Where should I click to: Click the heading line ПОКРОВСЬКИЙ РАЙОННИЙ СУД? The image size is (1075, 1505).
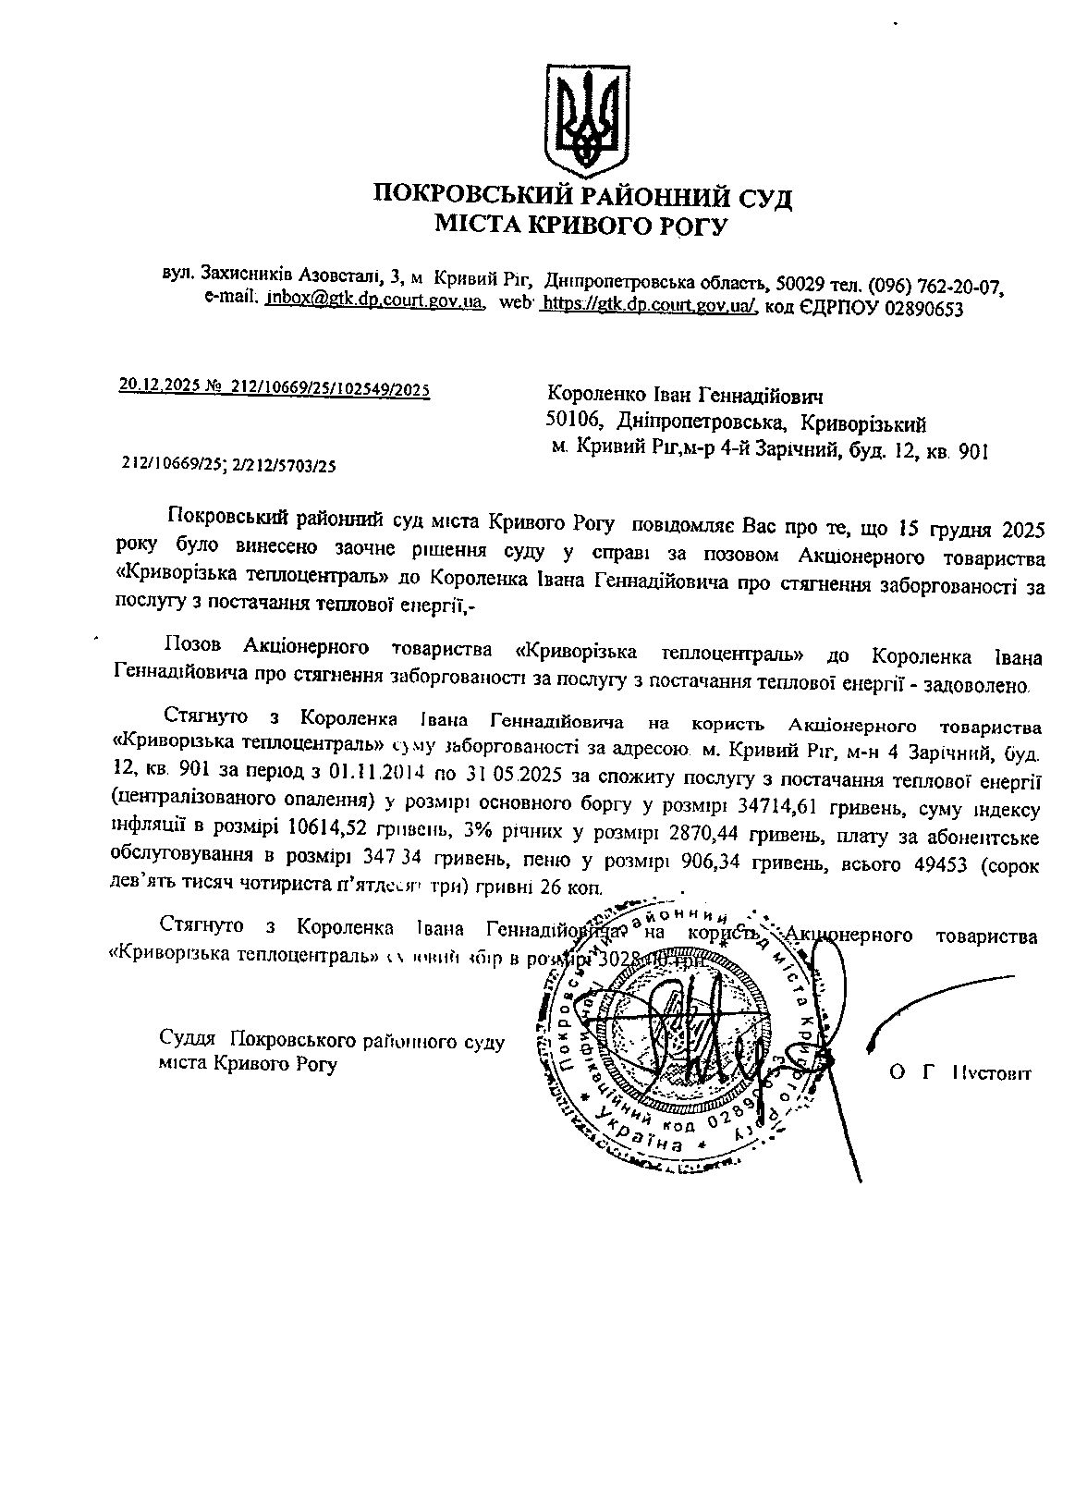(x=582, y=196)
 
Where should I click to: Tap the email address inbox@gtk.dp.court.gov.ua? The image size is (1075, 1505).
(x=375, y=301)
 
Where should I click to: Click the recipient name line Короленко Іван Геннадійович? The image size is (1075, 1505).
(x=685, y=396)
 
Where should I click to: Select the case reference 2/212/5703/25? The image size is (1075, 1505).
(x=284, y=467)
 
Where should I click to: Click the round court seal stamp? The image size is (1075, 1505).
(x=675, y=1034)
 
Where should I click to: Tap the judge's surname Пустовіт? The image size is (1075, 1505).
(x=992, y=1072)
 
